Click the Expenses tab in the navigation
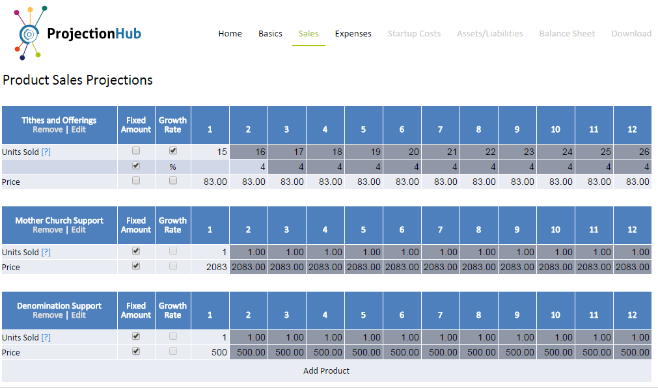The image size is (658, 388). [353, 34]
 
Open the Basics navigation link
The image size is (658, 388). [270, 34]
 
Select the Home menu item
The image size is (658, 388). [230, 34]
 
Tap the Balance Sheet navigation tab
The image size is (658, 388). [567, 34]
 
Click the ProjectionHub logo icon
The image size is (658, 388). [29, 33]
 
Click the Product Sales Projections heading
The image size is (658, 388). [77, 80]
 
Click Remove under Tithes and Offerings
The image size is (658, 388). [48, 130]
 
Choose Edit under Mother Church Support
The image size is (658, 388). [79, 230]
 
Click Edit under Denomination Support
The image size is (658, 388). [79, 315]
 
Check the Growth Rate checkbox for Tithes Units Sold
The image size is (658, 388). [173, 150]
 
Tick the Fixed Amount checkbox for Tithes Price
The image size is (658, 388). [136, 181]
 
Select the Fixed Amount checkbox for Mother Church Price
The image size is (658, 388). [136, 266]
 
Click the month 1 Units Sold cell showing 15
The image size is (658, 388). [210, 152]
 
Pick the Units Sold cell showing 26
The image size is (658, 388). [632, 152]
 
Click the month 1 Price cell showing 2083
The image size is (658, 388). [210, 267]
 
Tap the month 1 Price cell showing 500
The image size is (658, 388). [210, 352]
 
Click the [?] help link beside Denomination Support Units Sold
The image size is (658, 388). [46, 338]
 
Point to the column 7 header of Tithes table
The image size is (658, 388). [441, 130]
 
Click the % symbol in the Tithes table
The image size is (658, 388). [173, 167]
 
